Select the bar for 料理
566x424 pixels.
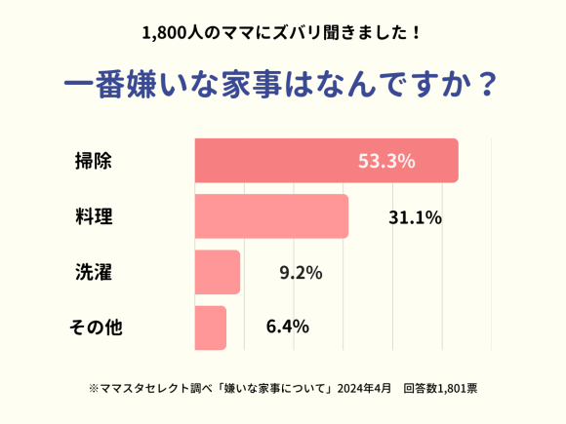pos(271,216)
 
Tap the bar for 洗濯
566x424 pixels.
pos(218,272)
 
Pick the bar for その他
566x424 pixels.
pos(211,328)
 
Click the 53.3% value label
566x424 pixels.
pos(386,161)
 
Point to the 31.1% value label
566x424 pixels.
pos(415,217)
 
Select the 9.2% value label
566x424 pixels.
pos(301,273)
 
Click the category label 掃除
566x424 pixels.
pos(94,161)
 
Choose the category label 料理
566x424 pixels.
pos(94,216)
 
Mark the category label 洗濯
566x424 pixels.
pos(94,272)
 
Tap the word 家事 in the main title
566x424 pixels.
pos(247,83)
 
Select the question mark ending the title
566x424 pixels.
pos(488,83)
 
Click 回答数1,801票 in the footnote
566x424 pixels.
pos(439,388)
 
